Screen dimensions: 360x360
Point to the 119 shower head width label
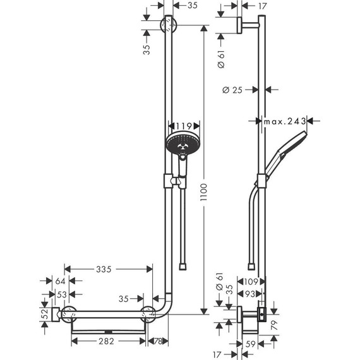point(184,125)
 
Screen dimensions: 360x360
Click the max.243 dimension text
point(285,120)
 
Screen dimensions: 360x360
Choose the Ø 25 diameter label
point(234,90)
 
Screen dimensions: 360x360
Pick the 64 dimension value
point(61,281)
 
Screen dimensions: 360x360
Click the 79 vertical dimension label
point(284,326)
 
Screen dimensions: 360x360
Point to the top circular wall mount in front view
point(169,26)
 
